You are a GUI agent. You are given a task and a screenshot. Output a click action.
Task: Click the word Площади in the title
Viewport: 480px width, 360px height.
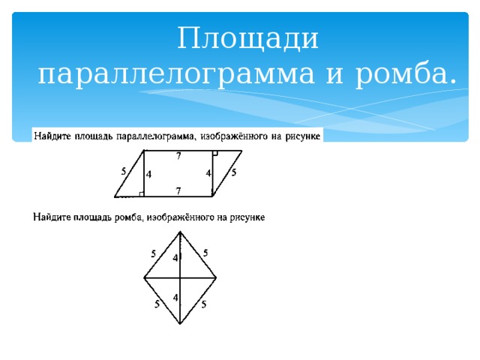pyautogui.click(x=248, y=38)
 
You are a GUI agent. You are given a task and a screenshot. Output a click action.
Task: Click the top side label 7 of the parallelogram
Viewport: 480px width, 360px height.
pyautogui.click(x=178, y=156)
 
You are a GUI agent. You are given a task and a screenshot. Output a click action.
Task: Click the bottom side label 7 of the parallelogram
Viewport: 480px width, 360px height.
pyautogui.click(x=178, y=191)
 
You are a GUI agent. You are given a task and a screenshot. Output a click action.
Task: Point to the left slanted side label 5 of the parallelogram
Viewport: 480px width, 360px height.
pyautogui.click(x=123, y=172)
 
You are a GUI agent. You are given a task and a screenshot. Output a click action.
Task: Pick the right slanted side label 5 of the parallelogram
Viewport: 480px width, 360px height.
pyautogui.click(x=234, y=172)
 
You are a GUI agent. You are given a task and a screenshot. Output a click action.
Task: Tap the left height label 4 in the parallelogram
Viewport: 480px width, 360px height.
pyautogui.click(x=149, y=175)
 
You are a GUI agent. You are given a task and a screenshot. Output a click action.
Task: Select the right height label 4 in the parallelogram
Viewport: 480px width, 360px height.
pyautogui.click(x=208, y=174)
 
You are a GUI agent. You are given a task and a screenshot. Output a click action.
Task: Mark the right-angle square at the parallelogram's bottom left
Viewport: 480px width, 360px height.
pyautogui.click(x=141, y=194)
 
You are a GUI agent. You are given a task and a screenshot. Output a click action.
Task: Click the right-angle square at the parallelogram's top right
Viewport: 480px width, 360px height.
pyautogui.click(x=214, y=153)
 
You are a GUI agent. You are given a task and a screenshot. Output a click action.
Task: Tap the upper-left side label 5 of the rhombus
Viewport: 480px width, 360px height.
pyautogui.click(x=153, y=254)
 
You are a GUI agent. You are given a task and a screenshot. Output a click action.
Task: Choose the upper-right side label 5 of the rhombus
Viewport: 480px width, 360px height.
pyautogui.click(x=205, y=253)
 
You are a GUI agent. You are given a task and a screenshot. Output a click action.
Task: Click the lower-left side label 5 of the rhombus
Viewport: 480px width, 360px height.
pyautogui.click(x=157, y=304)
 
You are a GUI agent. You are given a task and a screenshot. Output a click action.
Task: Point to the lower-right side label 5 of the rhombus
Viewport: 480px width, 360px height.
pyautogui.click(x=204, y=304)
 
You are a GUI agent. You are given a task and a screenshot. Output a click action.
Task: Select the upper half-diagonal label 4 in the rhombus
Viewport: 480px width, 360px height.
pyautogui.click(x=175, y=258)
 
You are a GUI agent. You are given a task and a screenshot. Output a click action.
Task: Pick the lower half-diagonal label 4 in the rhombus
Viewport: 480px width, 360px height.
pyautogui.click(x=175, y=298)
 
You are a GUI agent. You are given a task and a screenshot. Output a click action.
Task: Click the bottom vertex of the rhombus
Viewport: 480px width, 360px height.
pyautogui.click(x=181, y=324)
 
